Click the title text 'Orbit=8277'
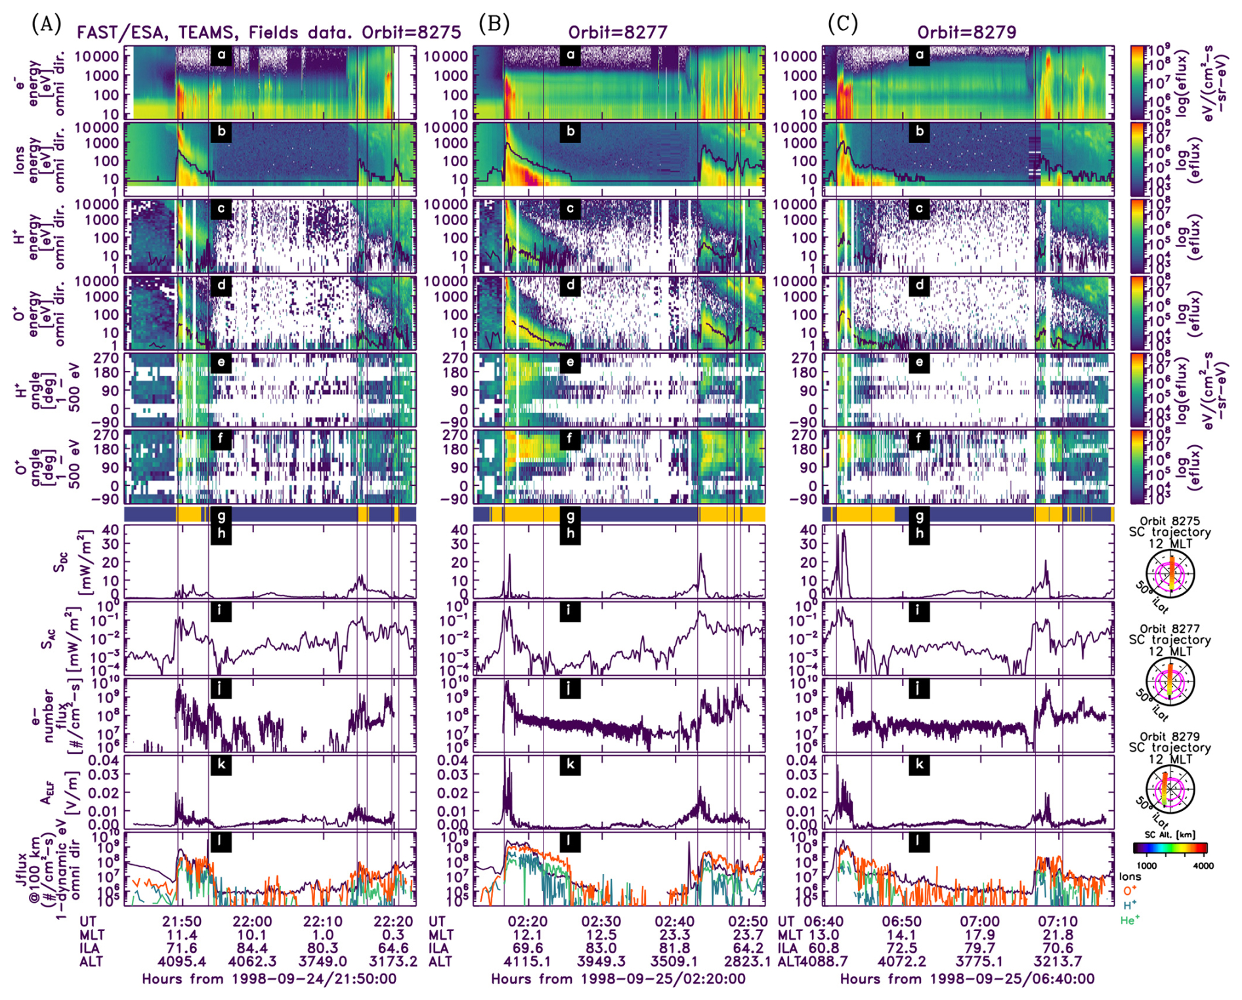click(617, 32)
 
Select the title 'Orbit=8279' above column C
click(966, 32)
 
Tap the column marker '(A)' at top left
click(46, 24)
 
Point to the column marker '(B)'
click(494, 24)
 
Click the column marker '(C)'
click(843, 24)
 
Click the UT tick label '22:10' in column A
click(322, 921)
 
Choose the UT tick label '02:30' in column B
click(601, 921)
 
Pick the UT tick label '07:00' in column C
click(979, 921)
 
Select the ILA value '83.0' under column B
click(601, 948)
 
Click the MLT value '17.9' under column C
click(979, 935)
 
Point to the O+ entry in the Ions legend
click(1130, 891)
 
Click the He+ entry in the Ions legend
click(1129, 920)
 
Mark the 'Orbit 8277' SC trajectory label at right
click(1169, 629)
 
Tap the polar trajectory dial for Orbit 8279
click(1170, 790)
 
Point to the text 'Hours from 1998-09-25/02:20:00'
click(618, 979)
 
